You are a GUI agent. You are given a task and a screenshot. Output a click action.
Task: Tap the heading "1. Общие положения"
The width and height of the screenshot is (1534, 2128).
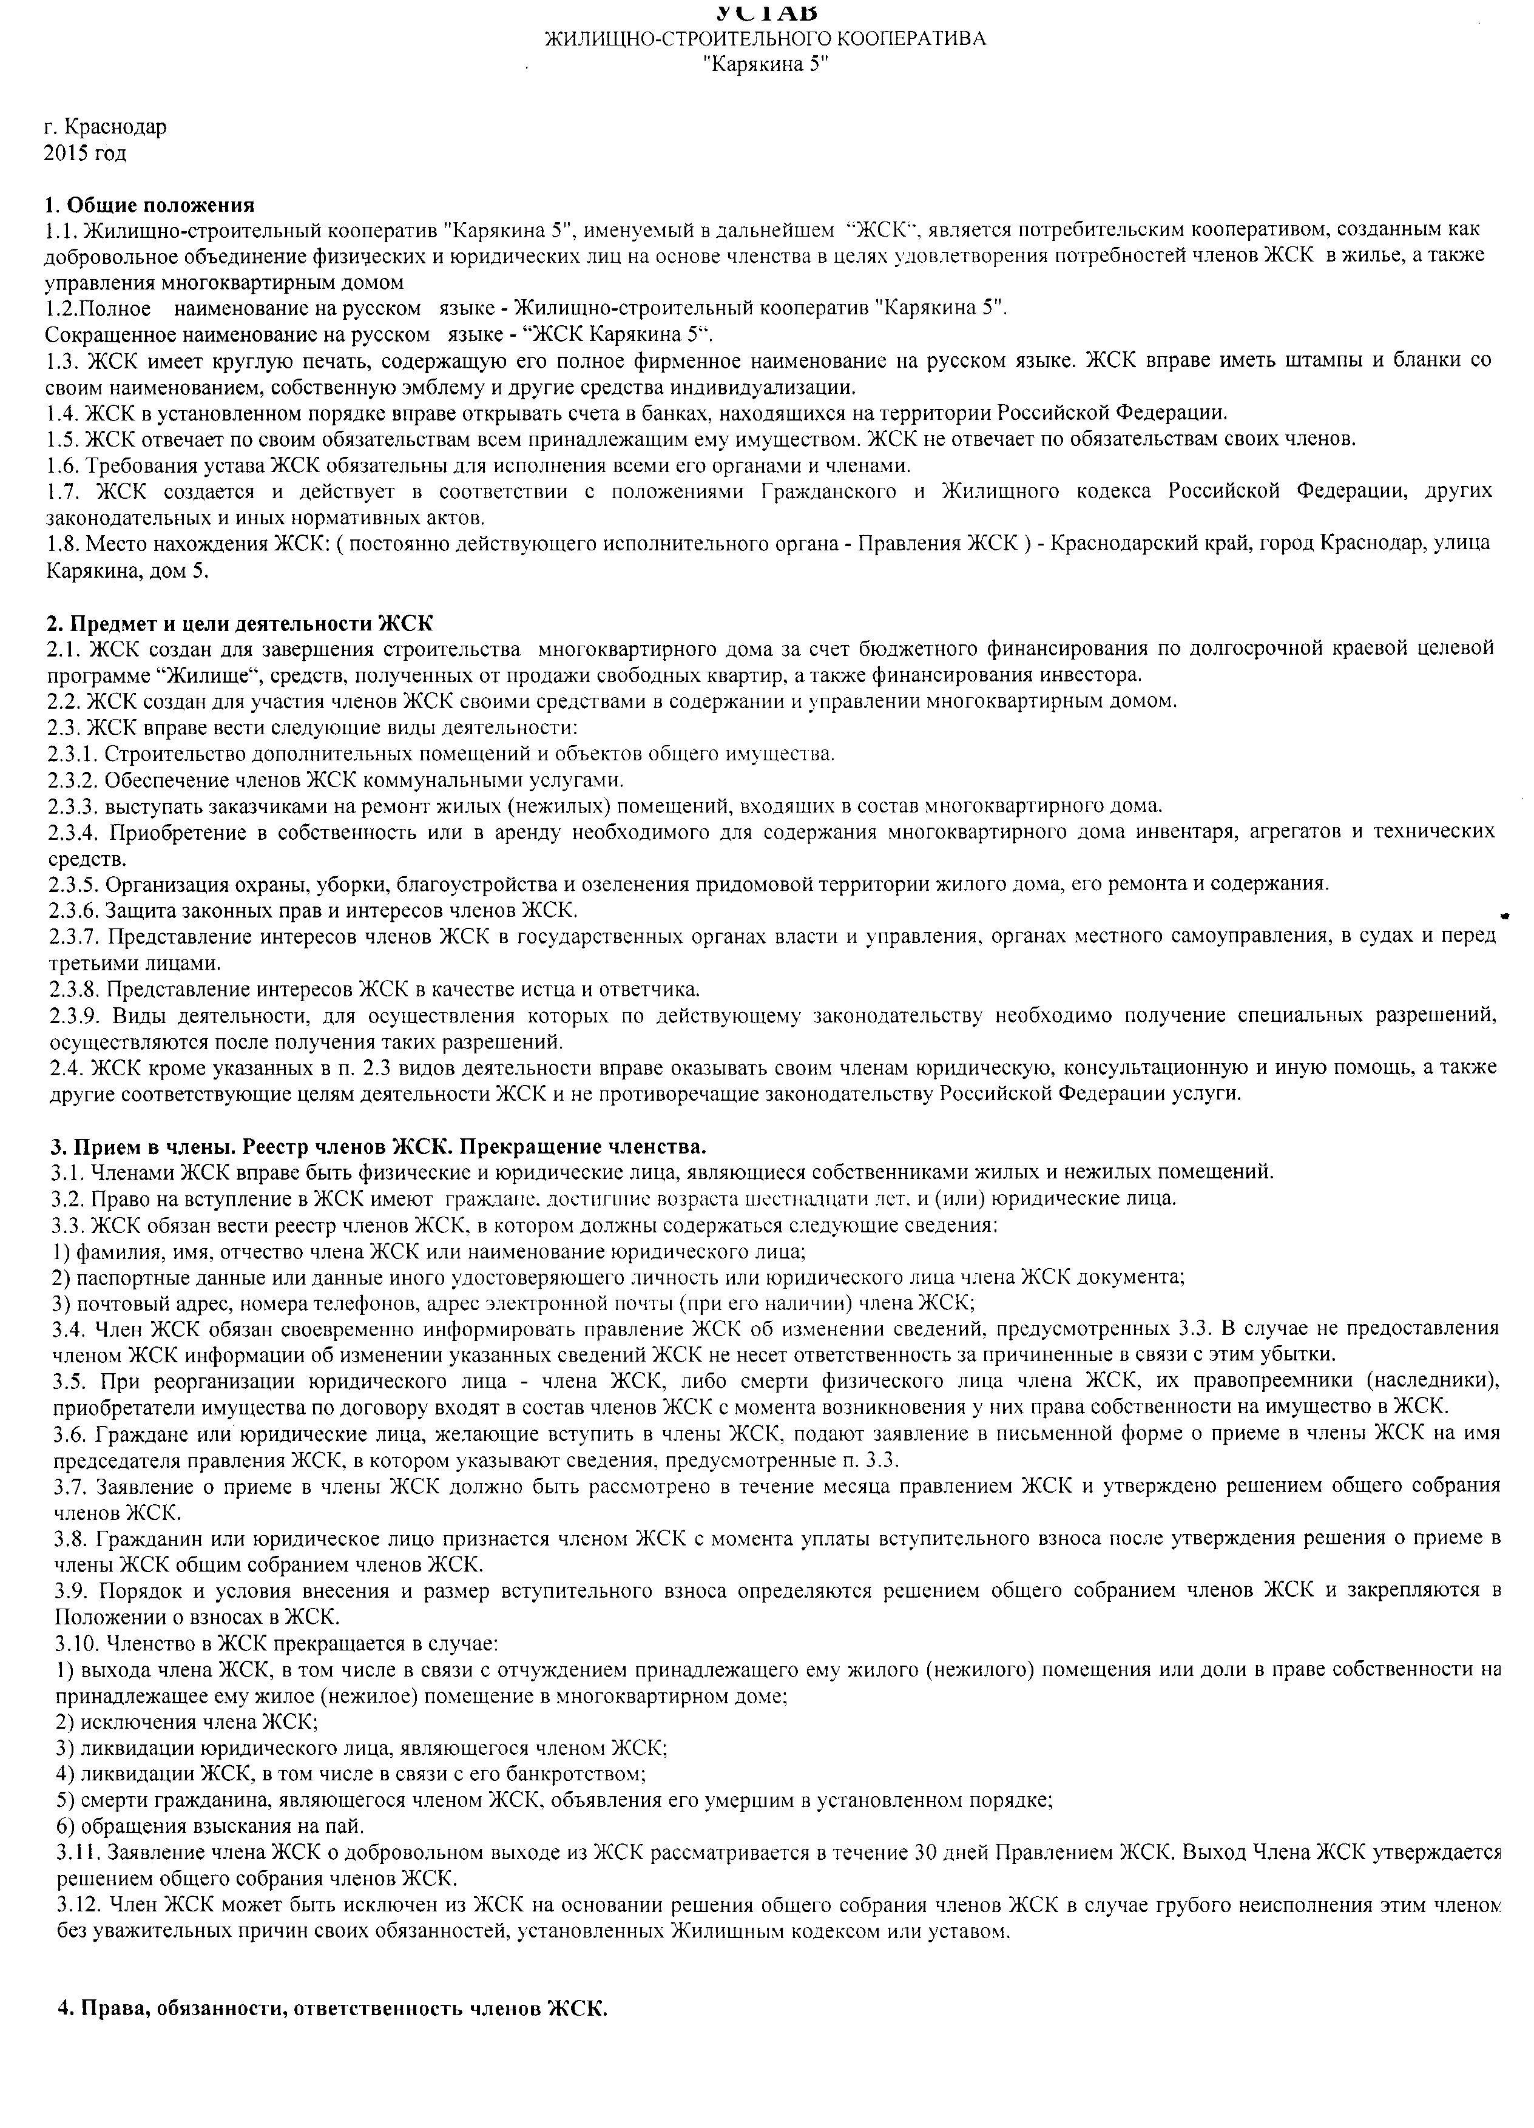pos(149,204)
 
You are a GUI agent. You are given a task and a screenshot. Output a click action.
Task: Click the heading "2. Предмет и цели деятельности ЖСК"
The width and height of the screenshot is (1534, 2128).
pos(240,624)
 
